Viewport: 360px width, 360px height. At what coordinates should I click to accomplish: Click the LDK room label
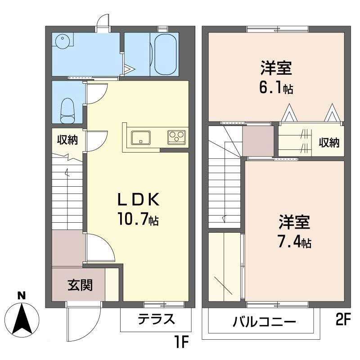pyautogui.click(x=138, y=199)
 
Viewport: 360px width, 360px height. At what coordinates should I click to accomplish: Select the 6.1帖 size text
pyautogui.click(x=276, y=88)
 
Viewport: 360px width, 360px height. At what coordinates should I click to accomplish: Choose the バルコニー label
pyautogui.click(x=264, y=322)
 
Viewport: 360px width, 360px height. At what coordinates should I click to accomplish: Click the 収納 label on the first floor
pyautogui.click(x=67, y=140)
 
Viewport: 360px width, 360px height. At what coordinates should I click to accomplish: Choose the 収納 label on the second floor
pyautogui.click(x=329, y=143)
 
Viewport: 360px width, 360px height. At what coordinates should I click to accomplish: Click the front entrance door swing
pyautogui.click(x=82, y=322)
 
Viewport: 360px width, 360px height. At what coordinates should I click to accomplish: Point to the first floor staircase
pyautogui.click(x=67, y=193)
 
